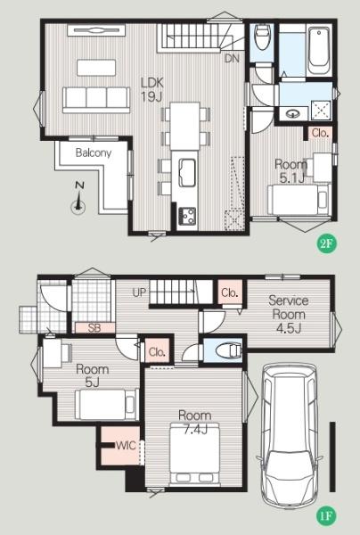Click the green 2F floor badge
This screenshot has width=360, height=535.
326,243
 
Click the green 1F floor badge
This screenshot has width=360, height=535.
326,516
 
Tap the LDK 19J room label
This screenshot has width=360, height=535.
152,90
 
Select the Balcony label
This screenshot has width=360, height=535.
94,152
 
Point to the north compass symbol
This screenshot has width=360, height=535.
78,199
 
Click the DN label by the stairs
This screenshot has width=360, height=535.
232,58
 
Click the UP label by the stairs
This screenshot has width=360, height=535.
139,292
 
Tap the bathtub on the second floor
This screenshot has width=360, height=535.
319,51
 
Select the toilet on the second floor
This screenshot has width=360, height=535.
262,37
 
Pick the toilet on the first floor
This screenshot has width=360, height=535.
229,350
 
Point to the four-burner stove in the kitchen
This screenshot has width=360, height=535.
187,216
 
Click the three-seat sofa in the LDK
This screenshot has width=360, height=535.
96,99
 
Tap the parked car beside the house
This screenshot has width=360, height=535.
290,435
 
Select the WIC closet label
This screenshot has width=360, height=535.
126,445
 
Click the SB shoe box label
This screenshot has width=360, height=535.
94,328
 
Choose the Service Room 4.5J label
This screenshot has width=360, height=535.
289,314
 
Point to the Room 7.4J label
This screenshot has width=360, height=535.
195,423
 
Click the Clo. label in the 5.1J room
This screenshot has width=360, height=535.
320,133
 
